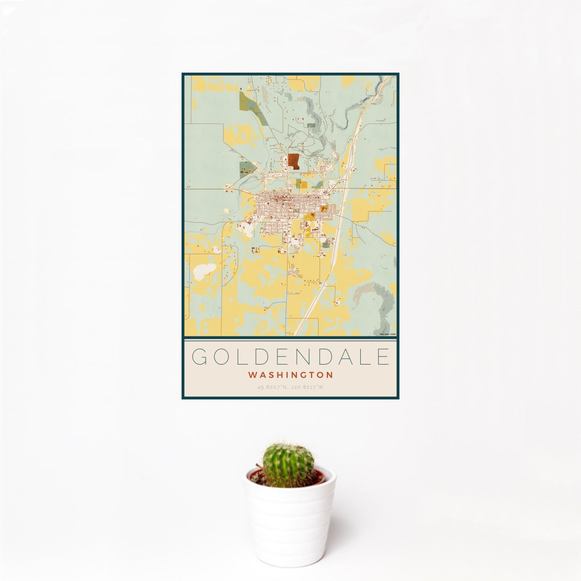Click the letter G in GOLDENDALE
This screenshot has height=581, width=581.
pyautogui.click(x=199, y=357)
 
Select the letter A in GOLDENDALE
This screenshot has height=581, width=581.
pyautogui.click(x=338, y=357)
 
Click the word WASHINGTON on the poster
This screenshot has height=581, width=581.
pyautogui.click(x=290, y=375)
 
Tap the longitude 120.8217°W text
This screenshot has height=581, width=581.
pyautogui.click(x=308, y=387)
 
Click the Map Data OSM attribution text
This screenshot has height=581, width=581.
pyautogui.click(x=388, y=334)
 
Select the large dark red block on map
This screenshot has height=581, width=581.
pyautogui.click(x=293, y=160)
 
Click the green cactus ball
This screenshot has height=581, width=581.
pyautogui.click(x=288, y=464)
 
